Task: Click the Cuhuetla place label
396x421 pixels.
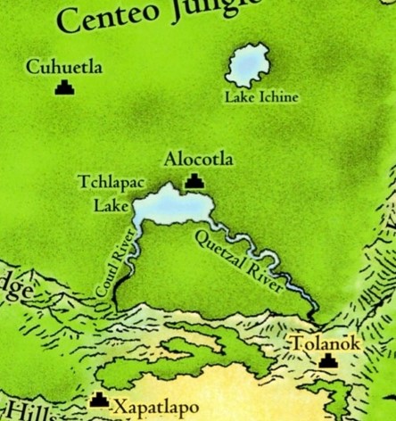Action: click(64, 67)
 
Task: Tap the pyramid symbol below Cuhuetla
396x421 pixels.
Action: click(64, 87)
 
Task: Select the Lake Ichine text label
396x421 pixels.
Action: click(260, 97)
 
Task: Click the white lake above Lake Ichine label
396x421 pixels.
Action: click(251, 66)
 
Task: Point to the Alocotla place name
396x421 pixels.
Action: click(199, 160)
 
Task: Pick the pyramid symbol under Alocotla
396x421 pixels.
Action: click(194, 182)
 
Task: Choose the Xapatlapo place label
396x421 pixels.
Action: click(156, 407)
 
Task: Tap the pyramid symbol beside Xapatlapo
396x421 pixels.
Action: click(100, 402)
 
